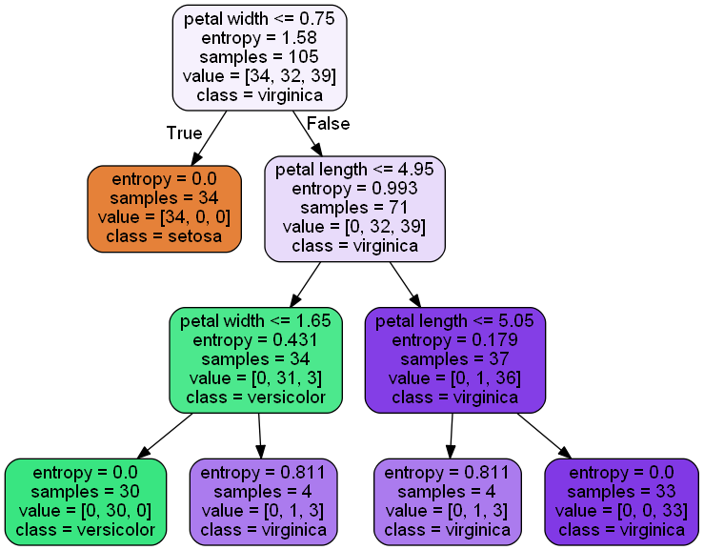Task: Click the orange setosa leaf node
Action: (x=163, y=208)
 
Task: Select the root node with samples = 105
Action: (x=259, y=56)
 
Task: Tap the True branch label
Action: (x=184, y=132)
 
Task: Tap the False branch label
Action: (x=329, y=124)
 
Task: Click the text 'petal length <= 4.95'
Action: (x=354, y=170)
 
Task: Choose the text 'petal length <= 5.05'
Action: (x=455, y=320)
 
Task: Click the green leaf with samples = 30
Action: (x=85, y=500)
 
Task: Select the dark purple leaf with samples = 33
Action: (x=621, y=500)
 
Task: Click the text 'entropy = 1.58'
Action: (x=259, y=37)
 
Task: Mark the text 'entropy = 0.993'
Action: (x=354, y=189)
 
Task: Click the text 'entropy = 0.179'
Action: (x=455, y=339)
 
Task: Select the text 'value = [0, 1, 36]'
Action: (x=455, y=378)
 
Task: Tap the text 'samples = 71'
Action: (x=354, y=208)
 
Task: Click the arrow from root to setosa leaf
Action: (x=211, y=138)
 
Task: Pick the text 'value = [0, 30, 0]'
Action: (x=85, y=510)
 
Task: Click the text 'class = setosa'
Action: (x=163, y=236)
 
